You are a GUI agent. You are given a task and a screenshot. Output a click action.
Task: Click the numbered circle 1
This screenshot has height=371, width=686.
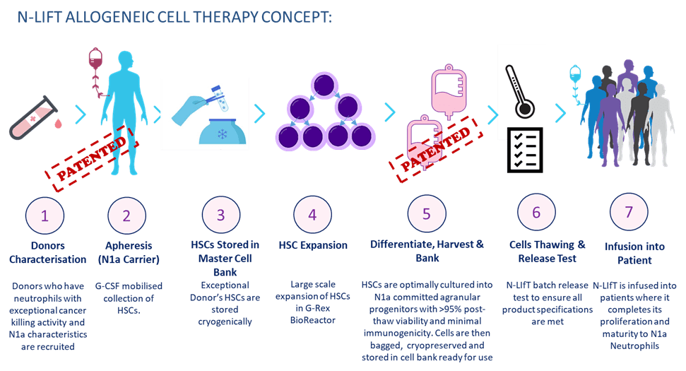pyautogui.click(x=45, y=216)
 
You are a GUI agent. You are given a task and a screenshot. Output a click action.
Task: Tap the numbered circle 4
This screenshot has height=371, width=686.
pyautogui.click(x=312, y=214)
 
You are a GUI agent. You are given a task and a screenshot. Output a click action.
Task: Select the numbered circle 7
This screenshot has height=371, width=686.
pyautogui.click(x=629, y=212)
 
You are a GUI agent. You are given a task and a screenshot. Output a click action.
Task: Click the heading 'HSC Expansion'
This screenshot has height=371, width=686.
pyautogui.click(x=313, y=245)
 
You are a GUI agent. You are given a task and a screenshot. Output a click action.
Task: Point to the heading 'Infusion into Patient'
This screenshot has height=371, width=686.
pyautogui.click(x=634, y=253)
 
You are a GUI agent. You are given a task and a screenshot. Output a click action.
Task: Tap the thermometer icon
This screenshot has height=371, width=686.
pyautogui.click(x=520, y=91)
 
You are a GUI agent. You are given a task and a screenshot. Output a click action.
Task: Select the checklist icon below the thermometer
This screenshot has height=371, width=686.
pyautogui.click(x=525, y=150)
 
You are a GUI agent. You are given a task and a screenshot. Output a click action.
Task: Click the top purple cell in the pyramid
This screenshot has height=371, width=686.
pyautogui.click(x=324, y=86)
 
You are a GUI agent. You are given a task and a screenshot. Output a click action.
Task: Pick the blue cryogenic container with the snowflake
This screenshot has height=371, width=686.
pyautogui.click(x=223, y=131)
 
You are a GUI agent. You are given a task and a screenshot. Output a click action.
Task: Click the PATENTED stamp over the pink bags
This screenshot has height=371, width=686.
pyautogui.click(x=436, y=148)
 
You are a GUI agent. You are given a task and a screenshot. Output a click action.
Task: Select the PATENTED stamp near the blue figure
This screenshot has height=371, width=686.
pyautogui.click(x=91, y=158)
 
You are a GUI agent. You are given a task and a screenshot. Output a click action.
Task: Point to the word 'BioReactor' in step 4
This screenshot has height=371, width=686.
pyautogui.click(x=313, y=320)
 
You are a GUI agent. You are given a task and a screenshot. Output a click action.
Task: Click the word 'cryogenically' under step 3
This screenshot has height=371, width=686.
pyautogui.click(x=225, y=322)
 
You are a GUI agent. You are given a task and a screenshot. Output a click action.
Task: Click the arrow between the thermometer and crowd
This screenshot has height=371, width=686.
pyautogui.click(x=560, y=113)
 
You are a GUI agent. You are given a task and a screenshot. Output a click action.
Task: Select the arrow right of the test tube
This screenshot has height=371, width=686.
pyautogui.click(x=81, y=114)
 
